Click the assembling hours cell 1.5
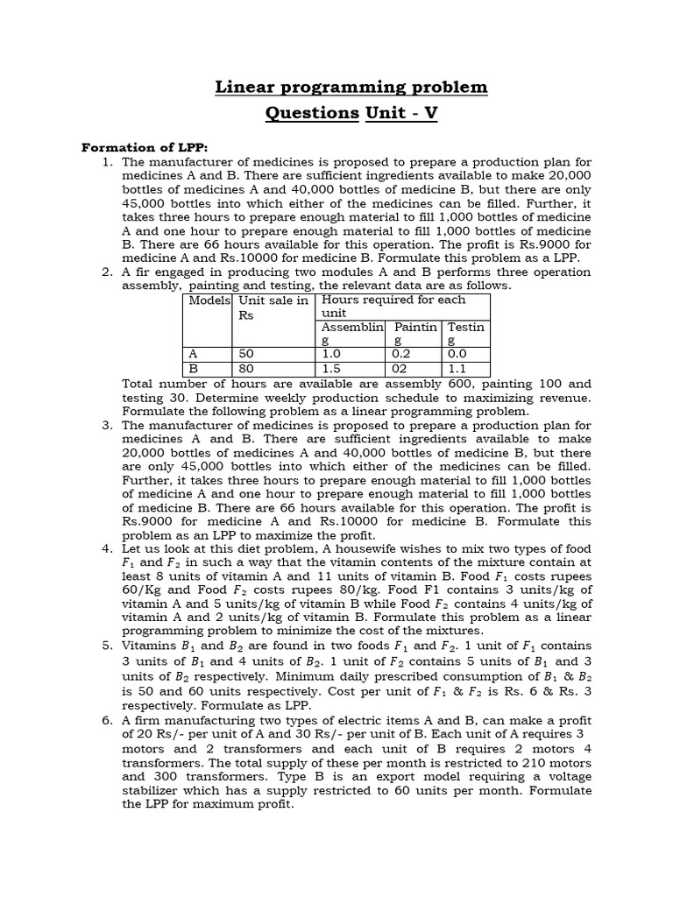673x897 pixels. tap(332, 369)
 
